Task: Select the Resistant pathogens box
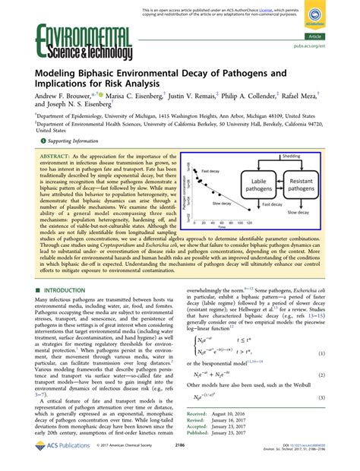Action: (x=321, y=167)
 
